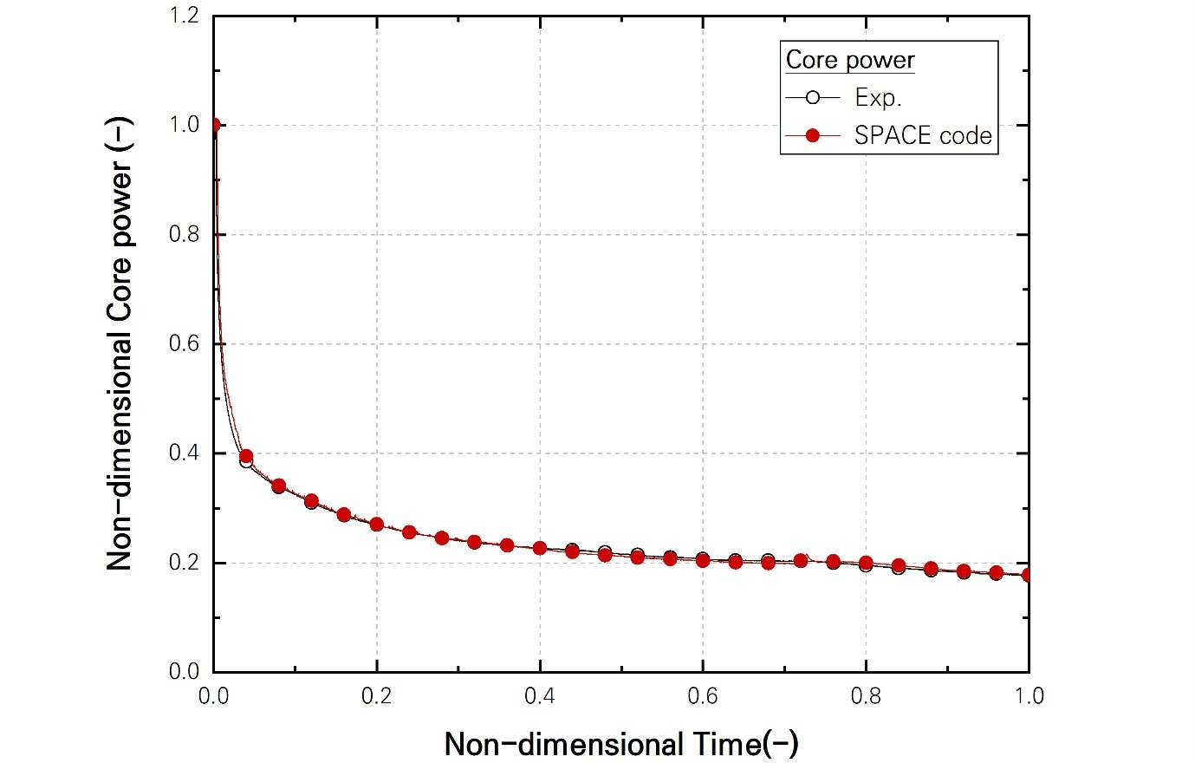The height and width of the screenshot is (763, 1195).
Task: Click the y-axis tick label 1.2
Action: coord(184,16)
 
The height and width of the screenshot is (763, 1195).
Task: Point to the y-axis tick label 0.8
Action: coord(184,235)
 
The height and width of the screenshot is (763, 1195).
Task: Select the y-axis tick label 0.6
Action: coord(184,344)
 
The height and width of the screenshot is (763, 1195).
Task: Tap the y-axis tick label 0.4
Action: coord(184,453)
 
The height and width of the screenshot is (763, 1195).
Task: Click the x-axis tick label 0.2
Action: coord(377,696)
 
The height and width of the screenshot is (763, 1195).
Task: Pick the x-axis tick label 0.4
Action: coord(540,696)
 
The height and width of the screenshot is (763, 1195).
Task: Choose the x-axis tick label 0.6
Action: coord(703,696)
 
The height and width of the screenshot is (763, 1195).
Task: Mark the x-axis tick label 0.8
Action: coord(866,696)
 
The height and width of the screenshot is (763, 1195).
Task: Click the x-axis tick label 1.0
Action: coord(1029,696)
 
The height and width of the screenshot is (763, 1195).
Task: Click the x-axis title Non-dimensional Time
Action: coord(621,744)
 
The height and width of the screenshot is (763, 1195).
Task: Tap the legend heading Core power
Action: coord(850,61)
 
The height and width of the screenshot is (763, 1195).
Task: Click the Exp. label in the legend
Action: coord(878,98)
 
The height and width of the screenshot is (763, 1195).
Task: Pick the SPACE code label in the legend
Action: coord(923,136)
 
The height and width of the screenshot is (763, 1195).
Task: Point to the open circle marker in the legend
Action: coord(812,98)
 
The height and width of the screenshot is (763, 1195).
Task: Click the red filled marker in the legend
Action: coord(812,136)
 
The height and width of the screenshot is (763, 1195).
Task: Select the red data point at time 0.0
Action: coord(214,125)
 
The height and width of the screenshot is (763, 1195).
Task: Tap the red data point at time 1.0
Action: coord(1028,575)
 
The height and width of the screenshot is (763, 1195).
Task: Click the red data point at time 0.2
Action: coord(377,525)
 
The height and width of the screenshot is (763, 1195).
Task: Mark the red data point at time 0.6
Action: coord(703,560)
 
